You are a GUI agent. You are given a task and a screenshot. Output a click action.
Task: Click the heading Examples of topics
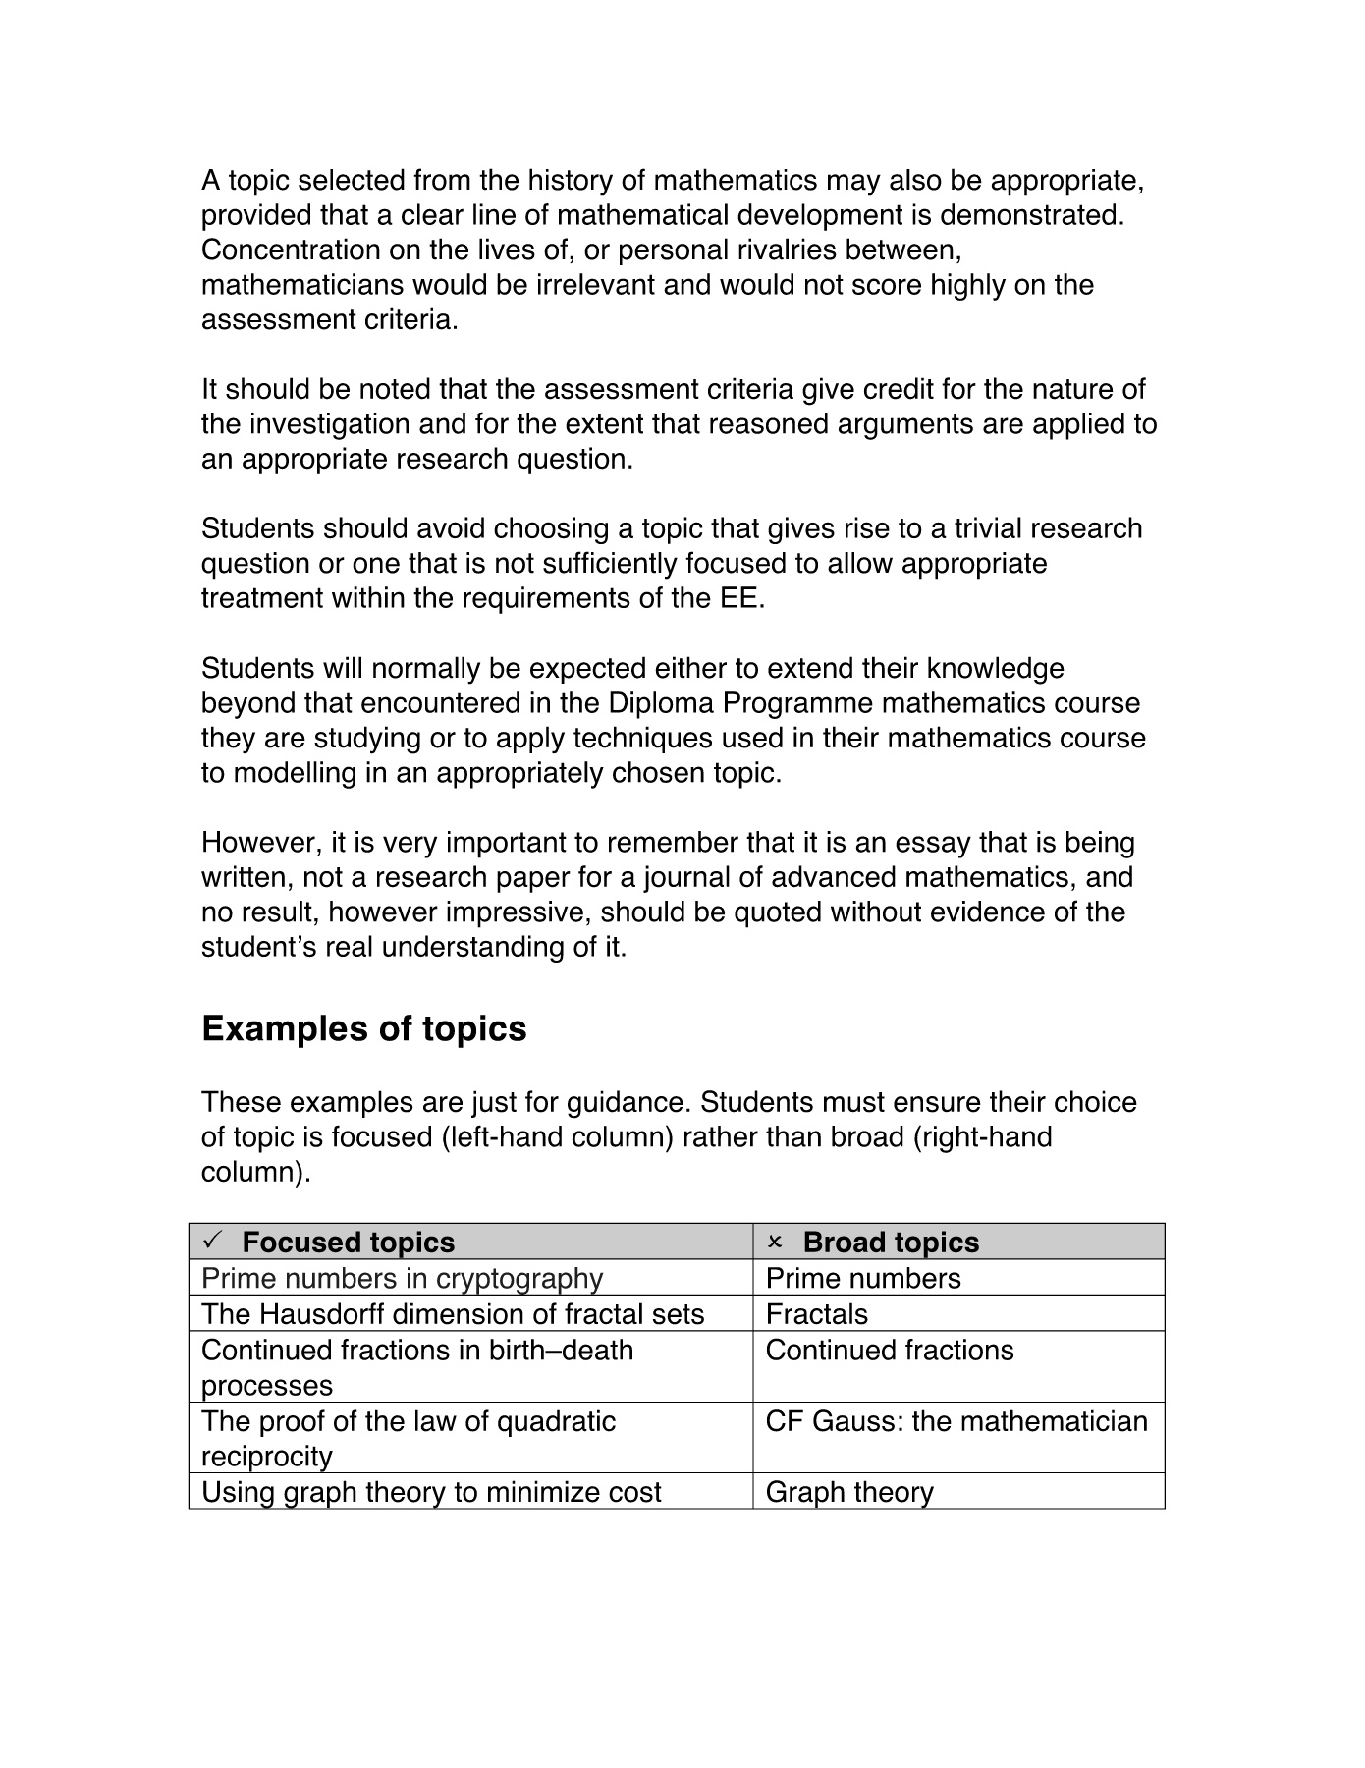click(x=363, y=1028)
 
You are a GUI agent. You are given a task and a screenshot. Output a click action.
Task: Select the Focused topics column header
click(x=348, y=1243)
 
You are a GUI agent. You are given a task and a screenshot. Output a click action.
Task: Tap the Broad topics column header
click(x=891, y=1243)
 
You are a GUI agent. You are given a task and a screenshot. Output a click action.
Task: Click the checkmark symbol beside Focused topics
click(x=212, y=1242)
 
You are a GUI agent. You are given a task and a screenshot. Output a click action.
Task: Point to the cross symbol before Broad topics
click(x=775, y=1243)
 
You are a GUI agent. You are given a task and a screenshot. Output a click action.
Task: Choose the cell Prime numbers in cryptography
click(x=402, y=1278)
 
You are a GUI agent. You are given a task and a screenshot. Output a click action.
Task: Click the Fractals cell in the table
click(x=817, y=1314)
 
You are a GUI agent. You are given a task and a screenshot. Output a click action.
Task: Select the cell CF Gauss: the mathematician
click(x=956, y=1421)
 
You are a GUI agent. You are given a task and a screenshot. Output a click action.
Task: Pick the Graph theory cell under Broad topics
click(x=849, y=1492)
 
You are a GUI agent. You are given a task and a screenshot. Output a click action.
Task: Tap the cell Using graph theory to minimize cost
click(x=431, y=1492)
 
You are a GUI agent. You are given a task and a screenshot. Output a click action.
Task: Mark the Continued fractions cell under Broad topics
click(x=889, y=1351)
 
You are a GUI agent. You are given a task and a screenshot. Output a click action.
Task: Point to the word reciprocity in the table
click(x=267, y=1457)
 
